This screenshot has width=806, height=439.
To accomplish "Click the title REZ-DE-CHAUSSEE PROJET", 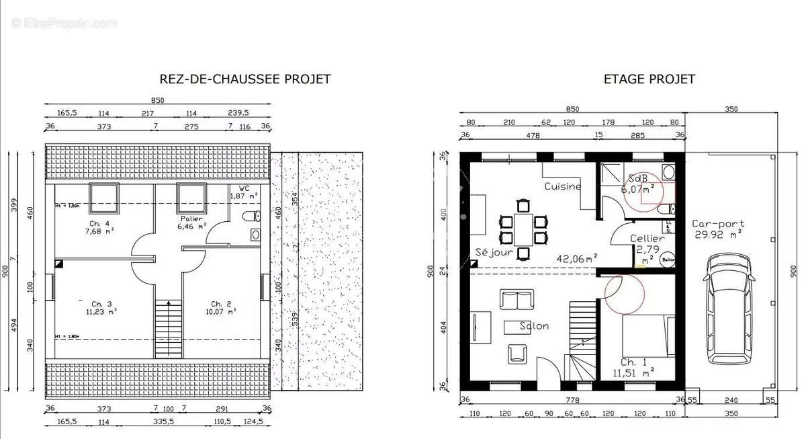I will [244, 79].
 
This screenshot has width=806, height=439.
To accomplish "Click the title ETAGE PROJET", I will [649, 79].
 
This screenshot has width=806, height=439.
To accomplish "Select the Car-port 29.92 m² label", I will [717, 229].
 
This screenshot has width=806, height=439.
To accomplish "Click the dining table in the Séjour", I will [522, 229].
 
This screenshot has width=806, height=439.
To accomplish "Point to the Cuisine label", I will [562, 186].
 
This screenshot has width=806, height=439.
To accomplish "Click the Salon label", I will [534, 326].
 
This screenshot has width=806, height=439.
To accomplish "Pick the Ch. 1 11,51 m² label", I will [633, 366].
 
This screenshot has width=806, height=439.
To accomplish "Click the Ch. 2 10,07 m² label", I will [222, 307].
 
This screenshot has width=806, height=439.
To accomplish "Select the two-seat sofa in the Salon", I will [517, 299].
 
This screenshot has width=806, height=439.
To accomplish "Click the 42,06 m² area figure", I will [577, 257].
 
